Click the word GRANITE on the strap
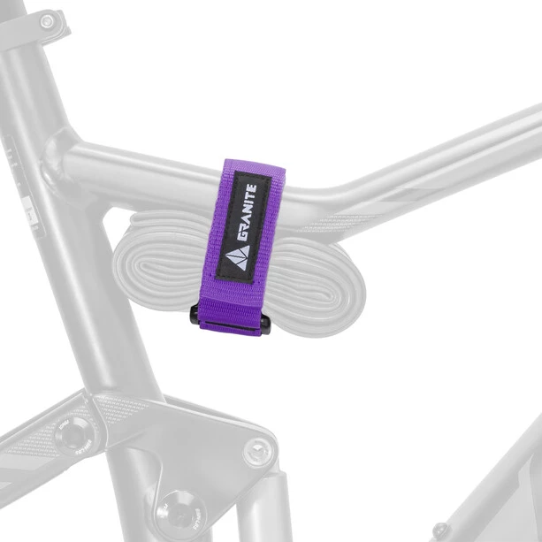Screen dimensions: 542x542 pos(247,212)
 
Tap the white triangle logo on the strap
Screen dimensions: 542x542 pos(237,256)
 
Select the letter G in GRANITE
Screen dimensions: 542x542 pos(242,235)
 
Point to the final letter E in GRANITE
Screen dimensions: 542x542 pos(252,188)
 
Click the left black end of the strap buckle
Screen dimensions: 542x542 pos(195,314)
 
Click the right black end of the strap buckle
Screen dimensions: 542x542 pos(265,324)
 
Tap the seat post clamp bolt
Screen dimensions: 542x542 pos(47,22)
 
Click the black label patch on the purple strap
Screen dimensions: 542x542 pos(243,226)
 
